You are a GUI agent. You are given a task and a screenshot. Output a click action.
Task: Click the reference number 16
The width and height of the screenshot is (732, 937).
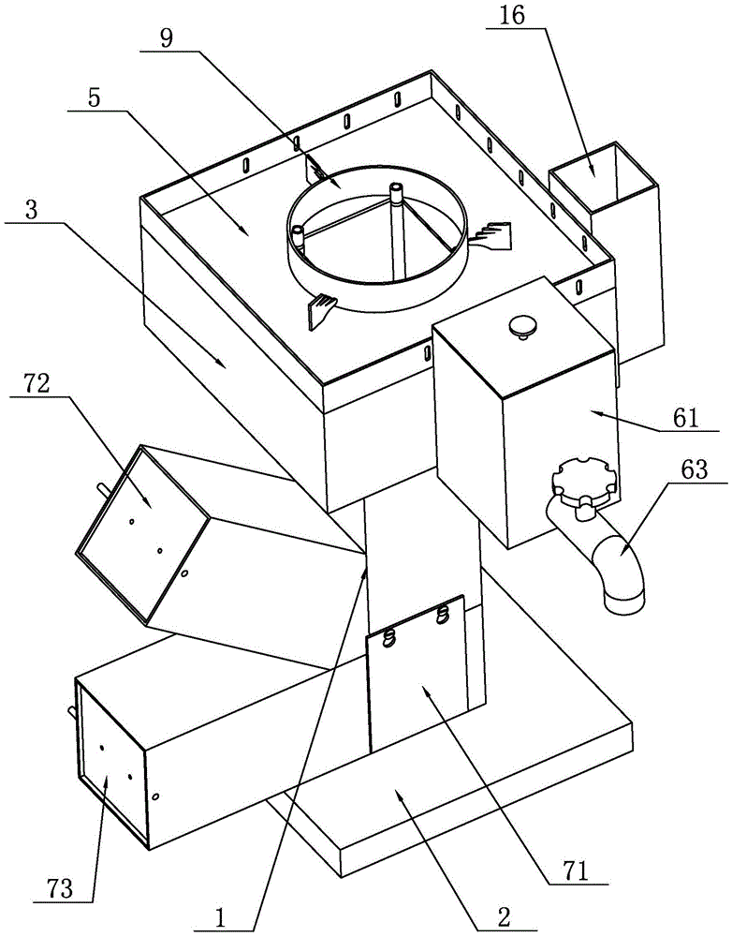point(512,16)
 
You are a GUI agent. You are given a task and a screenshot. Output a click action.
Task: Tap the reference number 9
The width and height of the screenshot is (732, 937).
point(167,38)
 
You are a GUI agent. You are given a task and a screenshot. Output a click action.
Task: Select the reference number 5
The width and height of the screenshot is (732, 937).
point(95,98)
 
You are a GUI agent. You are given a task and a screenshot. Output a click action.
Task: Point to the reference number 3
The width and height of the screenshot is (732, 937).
point(30,211)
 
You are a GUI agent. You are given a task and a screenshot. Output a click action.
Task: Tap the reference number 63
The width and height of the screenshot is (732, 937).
point(694,469)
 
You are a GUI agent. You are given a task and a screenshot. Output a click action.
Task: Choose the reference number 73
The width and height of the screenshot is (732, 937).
point(59,888)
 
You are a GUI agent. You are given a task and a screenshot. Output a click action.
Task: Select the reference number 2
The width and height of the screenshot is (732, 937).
point(504,916)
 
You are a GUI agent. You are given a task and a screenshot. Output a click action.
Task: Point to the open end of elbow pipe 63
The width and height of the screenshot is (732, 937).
point(625,601)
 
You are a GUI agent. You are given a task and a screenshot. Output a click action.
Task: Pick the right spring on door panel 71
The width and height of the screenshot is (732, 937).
point(443,614)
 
